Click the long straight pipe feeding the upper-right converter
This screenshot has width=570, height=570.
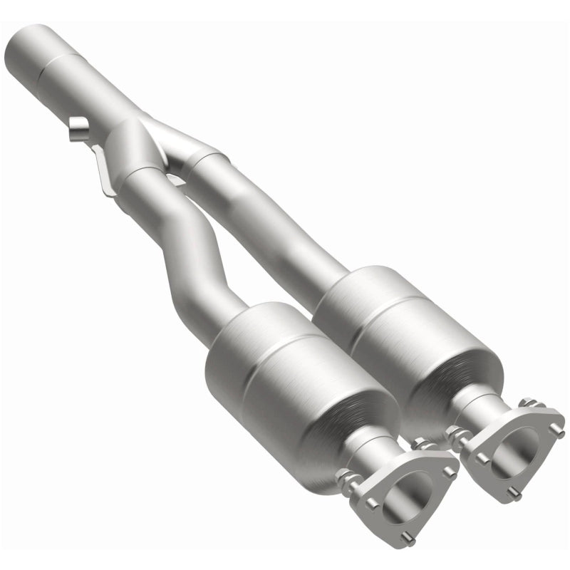[x=271, y=214]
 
